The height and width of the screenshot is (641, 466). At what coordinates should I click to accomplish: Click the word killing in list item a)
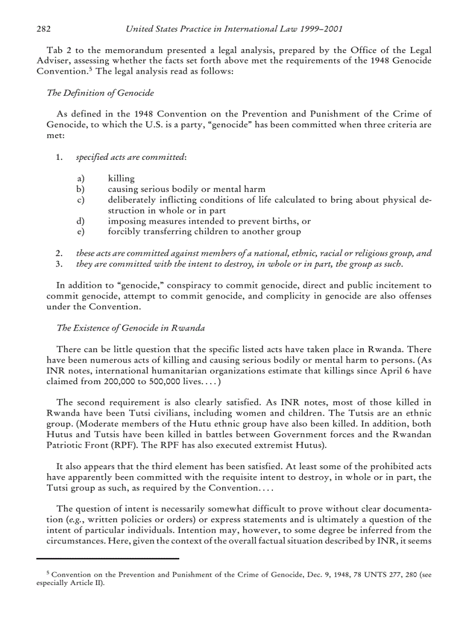(121, 179)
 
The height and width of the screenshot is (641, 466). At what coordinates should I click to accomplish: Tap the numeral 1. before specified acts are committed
(59, 158)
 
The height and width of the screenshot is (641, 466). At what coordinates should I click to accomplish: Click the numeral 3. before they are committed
(59, 263)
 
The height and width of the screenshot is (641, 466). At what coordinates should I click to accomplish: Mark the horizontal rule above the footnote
(108, 558)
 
